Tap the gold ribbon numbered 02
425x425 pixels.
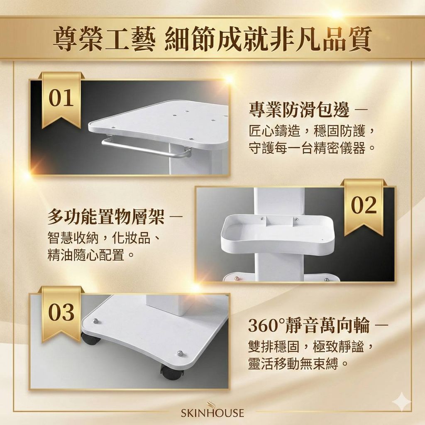pos(364,207)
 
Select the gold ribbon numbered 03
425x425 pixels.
pos(61,314)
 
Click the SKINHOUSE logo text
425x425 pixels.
pos(212,413)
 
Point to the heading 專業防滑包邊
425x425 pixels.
pos(299,110)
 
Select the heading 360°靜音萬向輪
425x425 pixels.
pos(309,325)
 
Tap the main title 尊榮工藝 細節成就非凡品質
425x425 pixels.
pos(212,39)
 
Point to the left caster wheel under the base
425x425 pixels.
pos(90,339)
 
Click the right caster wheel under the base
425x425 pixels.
pos(171,373)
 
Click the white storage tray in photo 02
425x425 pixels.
pos(278,234)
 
